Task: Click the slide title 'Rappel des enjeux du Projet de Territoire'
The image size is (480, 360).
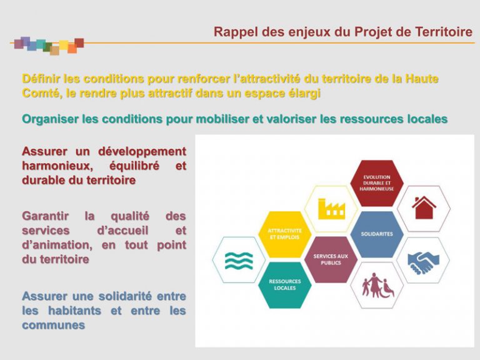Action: (x=342, y=32)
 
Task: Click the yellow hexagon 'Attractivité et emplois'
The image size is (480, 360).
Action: (x=285, y=234)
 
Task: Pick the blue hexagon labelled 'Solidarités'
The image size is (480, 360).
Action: (x=377, y=234)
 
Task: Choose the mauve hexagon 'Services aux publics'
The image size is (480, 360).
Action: (x=331, y=259)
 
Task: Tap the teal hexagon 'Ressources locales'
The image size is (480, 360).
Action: (x=285, y=284)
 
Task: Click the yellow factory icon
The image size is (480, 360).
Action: (x=331, y=208)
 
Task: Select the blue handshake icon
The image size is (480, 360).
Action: (x=423, y=259)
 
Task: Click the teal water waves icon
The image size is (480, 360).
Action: (x=239, y=259)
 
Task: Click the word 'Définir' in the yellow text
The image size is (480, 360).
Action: (x=42, y=79)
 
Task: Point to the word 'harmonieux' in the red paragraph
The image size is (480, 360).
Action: (x=53, y=166)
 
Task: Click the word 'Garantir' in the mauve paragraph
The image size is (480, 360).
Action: (x=46, y=216)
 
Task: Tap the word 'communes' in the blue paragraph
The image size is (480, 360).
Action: (x=53, y=325)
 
